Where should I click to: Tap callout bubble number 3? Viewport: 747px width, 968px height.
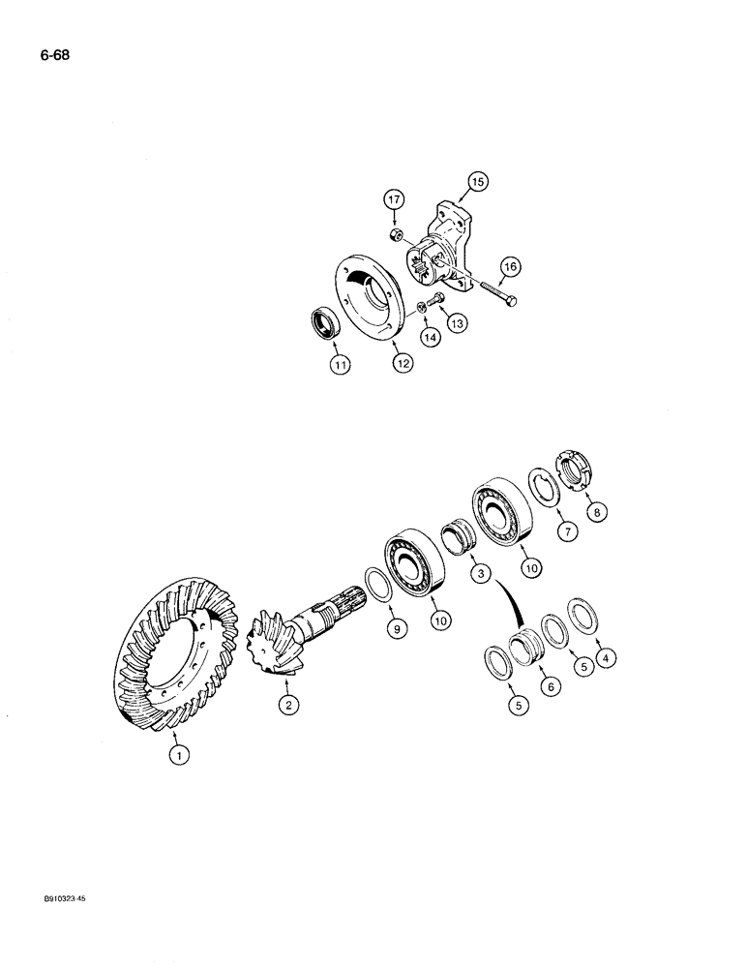click(x=476, y=574)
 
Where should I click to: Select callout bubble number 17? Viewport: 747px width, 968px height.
click(x=395, y=200)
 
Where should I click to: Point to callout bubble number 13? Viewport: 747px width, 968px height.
click(x=455, y=321)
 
